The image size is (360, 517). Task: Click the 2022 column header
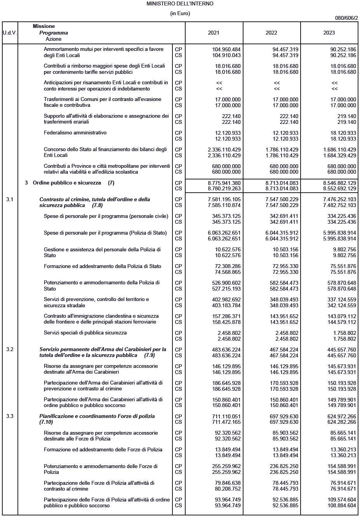pyautogui.click(x=271, y=33)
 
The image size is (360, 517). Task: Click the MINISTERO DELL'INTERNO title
pyautogui.click(x=180, y=3)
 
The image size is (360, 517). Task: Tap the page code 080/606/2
pyautogui.click(x=346, y=18)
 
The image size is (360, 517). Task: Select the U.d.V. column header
pyautogui.click(x=10, y=33)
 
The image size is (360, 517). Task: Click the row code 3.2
pyautogui.click(x=10, y=349)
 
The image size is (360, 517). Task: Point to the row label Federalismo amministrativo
pyautogui.click(x=75, y=133)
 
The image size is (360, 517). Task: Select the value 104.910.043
pyautogui.click(x=226, y=55)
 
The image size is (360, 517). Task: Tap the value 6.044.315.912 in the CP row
pyautogui.click(x=282, y=233)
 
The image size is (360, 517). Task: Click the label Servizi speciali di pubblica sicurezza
pyautogui.click(x=85, y=333)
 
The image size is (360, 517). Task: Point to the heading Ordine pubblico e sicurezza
pyautogui.click(x=67, y=183)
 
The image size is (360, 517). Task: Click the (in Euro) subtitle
pyautogui.click(x=180, y=13)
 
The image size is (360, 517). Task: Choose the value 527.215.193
pyautogui.click(x=226, y=289)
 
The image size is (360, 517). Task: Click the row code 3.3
pyautogui.click(x=10, y=416)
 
